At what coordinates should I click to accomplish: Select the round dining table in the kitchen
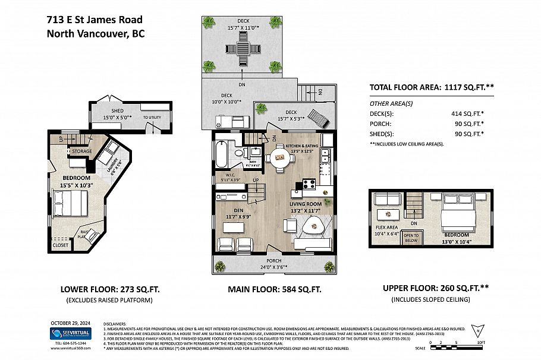coord(279,158)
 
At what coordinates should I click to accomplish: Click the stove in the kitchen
coord(309,184)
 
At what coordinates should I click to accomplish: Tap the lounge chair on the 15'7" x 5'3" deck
coord(320,121)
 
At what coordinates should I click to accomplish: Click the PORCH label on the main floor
coord(273,260)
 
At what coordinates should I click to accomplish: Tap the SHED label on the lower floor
coord(117,111)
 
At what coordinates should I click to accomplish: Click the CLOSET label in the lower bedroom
coord(60,244)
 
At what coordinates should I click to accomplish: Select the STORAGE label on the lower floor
coord(82,151)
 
